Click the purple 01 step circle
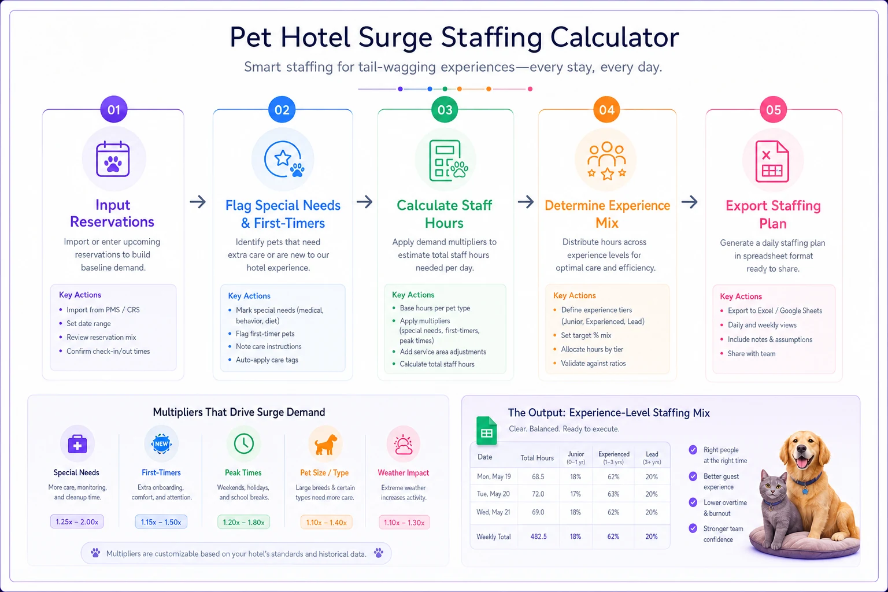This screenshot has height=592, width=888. pos(114,109)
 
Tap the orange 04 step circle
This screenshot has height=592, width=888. pos(606,109)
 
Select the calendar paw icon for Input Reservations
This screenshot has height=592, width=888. pos(113,159)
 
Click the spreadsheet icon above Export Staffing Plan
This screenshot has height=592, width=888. pos(772,161)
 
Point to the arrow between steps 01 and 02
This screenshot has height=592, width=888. pos(198,202)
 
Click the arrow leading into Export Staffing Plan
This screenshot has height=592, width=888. pos(690,202)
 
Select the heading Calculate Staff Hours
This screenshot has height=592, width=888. pos(445,214)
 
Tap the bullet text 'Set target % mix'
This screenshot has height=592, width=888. pos(586,335)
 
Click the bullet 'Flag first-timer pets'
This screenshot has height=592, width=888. pos(265,334)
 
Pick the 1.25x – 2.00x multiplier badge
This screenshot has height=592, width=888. pos(77,522)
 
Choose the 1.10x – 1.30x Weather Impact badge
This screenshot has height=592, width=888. pos(404,523)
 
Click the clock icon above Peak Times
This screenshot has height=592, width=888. pos(244,443)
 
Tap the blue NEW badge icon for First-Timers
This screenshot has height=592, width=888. pos(161,443)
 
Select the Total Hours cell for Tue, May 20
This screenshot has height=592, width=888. pos(538,494)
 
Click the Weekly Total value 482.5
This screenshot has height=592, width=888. pos(538,536)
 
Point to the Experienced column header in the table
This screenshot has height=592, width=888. pos(613,457)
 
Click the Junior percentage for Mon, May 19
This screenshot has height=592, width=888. pos(575,476)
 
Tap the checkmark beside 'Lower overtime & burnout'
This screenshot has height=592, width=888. pos(693,502)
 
